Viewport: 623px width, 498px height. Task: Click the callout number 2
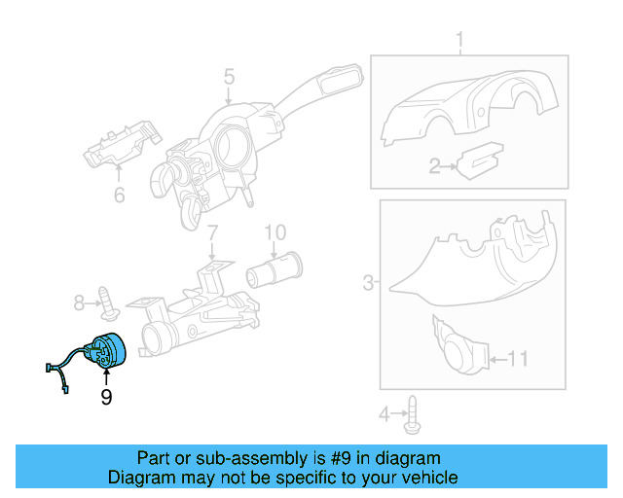pos(435,167)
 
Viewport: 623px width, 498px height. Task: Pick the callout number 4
pos(385,415)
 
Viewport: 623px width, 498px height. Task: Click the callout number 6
pos(119,195)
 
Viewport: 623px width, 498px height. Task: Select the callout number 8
pos(80,303)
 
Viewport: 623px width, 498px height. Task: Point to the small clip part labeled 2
pos(480,160)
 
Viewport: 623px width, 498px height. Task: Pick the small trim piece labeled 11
pos(458,345)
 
